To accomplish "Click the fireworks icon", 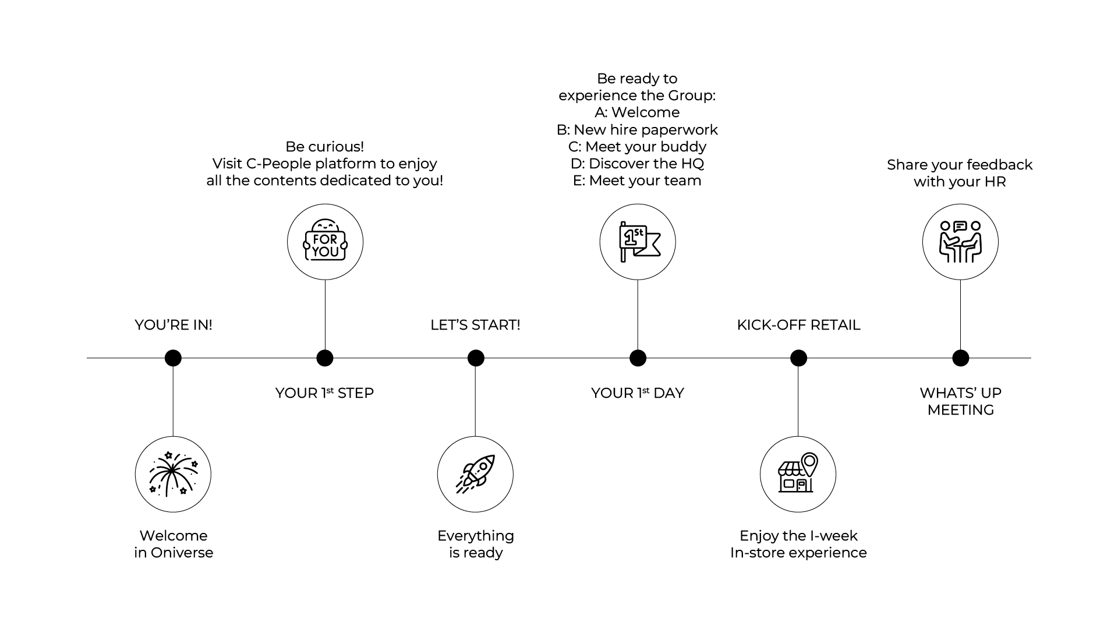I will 173,474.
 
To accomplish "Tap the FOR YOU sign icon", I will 325,242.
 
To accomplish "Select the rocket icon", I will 475,474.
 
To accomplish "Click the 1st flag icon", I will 638,242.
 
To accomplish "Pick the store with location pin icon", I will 798,474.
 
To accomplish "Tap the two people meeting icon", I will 960,242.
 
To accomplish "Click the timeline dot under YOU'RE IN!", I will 173,358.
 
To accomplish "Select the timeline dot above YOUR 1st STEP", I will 325,358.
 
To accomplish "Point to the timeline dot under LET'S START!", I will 476,358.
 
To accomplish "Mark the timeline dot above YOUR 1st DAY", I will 638,358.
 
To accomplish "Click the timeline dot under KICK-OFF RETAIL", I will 798,358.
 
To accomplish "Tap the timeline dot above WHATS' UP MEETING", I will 960,358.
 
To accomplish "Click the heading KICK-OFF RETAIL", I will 798,325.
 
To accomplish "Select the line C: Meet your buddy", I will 637,147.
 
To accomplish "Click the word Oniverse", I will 182,553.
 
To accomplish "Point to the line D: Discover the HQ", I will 637,164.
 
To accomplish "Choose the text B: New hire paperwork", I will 637,130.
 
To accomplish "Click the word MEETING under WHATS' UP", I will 960,410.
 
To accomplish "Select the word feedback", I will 1000,165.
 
